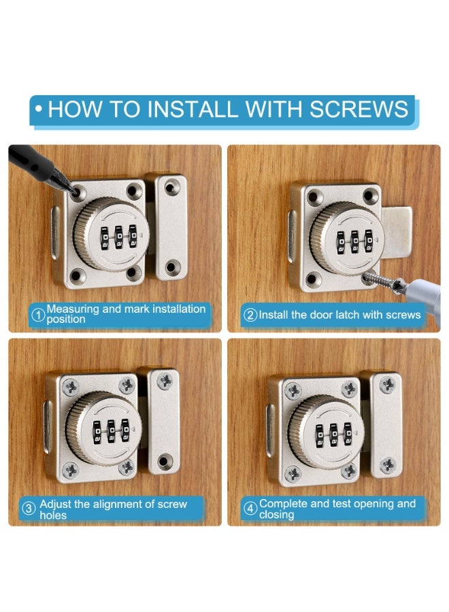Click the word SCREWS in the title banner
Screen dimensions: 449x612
coord(359,109)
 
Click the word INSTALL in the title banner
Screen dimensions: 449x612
coord(193,109)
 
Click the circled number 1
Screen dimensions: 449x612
coord(38,315)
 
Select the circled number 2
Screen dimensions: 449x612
coord(250,315)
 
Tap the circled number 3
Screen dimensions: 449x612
coord(29,509)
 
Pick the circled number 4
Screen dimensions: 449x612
coord(250,509)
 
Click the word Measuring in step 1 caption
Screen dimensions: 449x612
coord(73,309)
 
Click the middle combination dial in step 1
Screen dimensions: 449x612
coord(118,237)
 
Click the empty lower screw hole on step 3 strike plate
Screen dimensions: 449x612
coord(165,461)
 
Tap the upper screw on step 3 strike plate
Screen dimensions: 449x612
coord(165,381)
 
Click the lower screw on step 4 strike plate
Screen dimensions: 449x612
coord(388,465)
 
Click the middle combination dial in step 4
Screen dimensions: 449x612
coord(334,434)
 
